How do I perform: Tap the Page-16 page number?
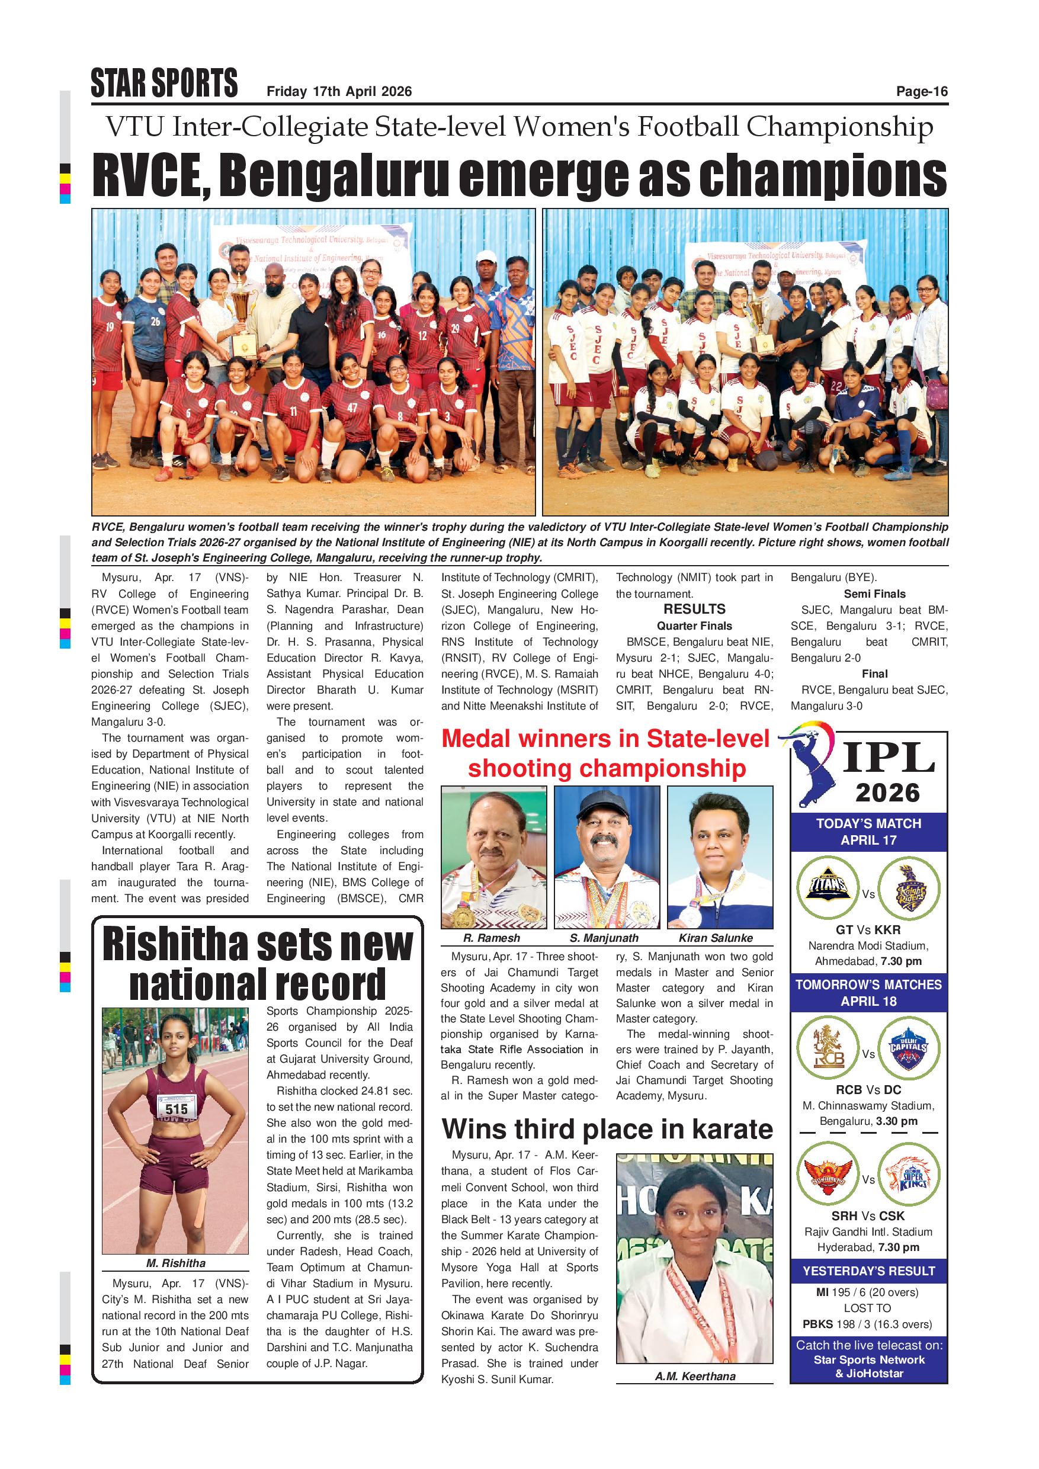coord(921,91)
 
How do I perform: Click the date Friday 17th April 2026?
coord(339,91)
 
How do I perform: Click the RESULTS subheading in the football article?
coord(694,609)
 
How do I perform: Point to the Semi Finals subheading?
coord(874,594)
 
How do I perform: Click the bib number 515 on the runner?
coord(177,1109)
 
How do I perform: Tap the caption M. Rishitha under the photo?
coord(175,1263)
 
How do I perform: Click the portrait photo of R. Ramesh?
coord(493,857)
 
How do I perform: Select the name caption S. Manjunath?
coord(604,938)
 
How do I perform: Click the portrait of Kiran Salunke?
coord(719,857)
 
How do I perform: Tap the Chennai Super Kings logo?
coord(909,1173)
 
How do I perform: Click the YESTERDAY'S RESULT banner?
coord(868,1271)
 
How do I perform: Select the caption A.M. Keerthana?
coord(695,1376)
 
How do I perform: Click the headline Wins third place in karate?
coord(607,1128)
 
